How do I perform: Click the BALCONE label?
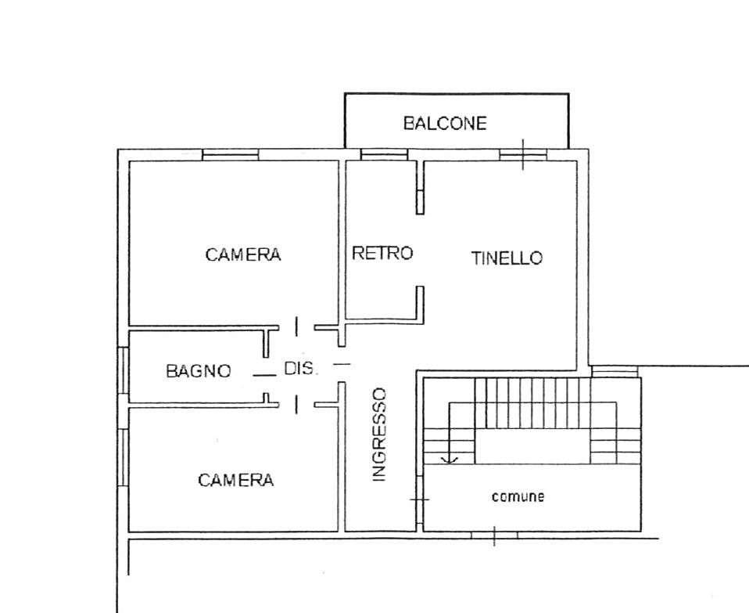point(445,124)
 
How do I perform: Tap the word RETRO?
point(382,252)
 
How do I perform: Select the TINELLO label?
point(507,258)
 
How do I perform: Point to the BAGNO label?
point(199,370)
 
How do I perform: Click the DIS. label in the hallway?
point(299,368)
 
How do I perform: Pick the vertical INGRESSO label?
point(378,435)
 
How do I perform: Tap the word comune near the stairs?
point(518,496)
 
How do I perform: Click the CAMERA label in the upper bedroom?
point(243,254)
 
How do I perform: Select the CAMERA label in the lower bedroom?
point(236,480)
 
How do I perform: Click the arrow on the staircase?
point(450,433)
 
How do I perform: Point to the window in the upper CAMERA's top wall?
point(230,154)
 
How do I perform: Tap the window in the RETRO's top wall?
point(384,154)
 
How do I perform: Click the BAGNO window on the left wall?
point(124,370)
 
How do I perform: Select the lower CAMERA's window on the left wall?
point(124,459)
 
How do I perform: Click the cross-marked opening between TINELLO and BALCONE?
point(523,154)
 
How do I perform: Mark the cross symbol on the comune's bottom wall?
point(494,535)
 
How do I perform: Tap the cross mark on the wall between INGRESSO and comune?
point(419,499)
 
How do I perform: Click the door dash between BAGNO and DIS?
point(264,375)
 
